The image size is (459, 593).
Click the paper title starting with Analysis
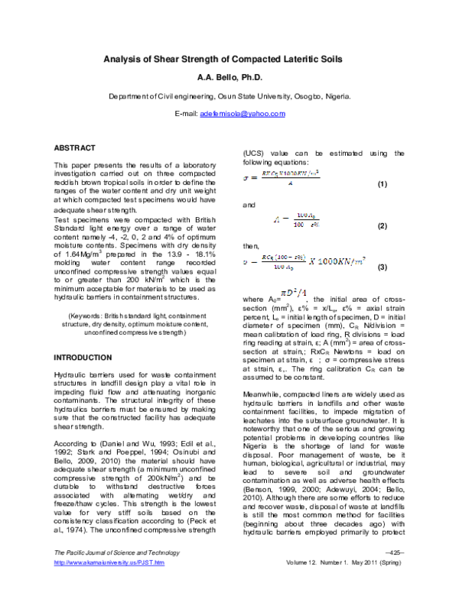coord(229,59)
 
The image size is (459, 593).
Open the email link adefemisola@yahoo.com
coord(242,113)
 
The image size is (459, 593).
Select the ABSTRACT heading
coord(74,147)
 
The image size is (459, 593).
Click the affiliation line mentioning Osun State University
coord(229,97)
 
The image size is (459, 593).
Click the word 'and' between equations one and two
coord(248,206)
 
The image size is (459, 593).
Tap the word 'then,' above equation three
coord(250,246)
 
